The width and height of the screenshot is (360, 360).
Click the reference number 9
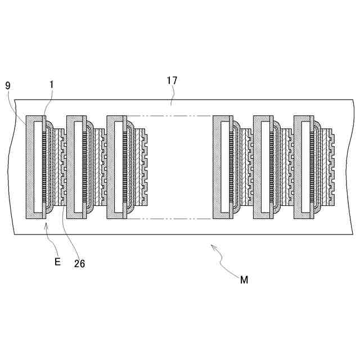pyautogui.click(x=7, y=85)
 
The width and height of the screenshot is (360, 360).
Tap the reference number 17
pyautogui.click(x=172, y=80)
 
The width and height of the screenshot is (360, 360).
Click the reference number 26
pyautogui.click(x=79, y=263)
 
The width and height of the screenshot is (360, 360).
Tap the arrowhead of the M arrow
pyautogui.click(x=212, y=245)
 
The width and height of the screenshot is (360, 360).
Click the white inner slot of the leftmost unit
pyautogui.click(x=37, y=168)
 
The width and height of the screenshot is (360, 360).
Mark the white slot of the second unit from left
pyautogui.click(x=77, y=168)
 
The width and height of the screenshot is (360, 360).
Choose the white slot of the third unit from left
pyautogui.click(x=117, y=168)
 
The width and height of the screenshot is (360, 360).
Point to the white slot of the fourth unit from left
pyautogui.click(x=224, y=168)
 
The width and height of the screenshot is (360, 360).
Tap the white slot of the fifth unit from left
pyautogui.click(x=264, y=168)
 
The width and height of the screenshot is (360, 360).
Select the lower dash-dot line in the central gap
pyautogui.click(x=169, y=219)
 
